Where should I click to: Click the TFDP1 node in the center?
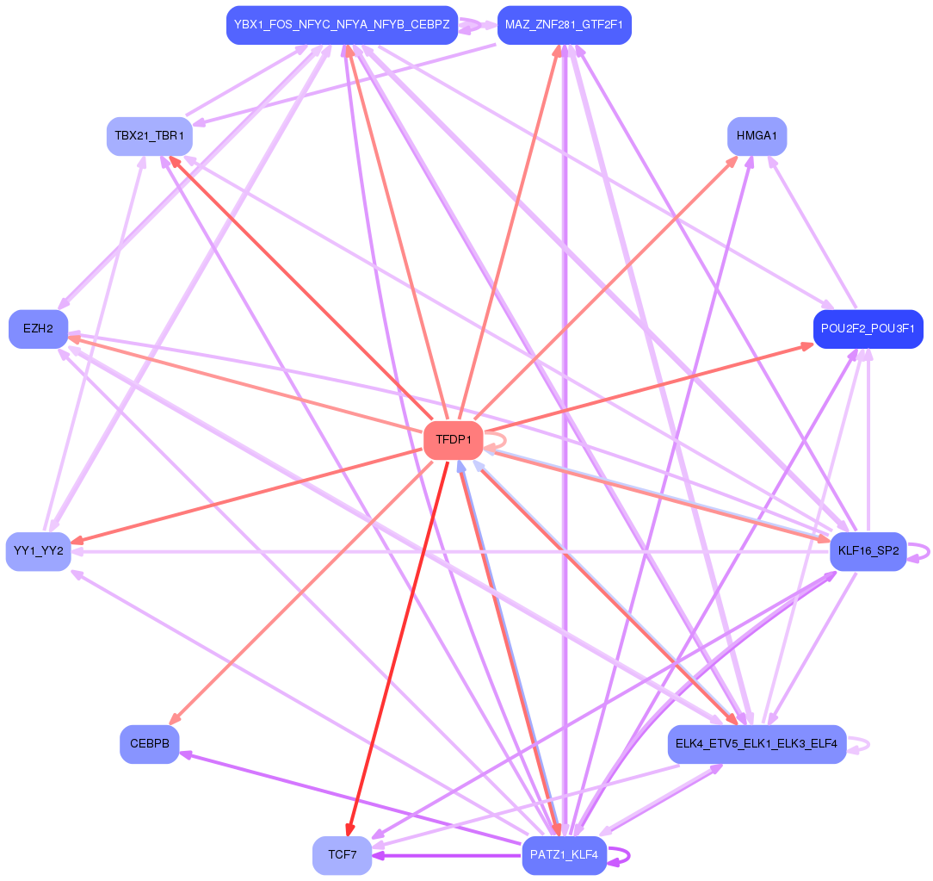pos(453,440)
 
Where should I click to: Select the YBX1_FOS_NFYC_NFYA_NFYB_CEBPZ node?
pos(342,25)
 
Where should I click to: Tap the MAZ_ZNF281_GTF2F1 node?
pos(564,25)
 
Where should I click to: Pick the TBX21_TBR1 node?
pos(149,136)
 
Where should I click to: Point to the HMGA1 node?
pos(757,136)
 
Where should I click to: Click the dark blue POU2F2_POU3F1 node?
pos(868,329)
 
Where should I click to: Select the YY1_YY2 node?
pos(38,551)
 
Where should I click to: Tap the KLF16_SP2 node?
pos(868,551)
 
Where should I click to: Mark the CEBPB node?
pos(149,744)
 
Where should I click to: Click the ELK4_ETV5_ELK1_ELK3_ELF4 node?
pos(757,744)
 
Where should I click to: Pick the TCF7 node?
pos(342,855)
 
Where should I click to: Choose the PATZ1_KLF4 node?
pos(564,855)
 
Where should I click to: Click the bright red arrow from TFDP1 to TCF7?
pos(396,646)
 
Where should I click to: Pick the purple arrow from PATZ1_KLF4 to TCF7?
pos(448,856)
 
